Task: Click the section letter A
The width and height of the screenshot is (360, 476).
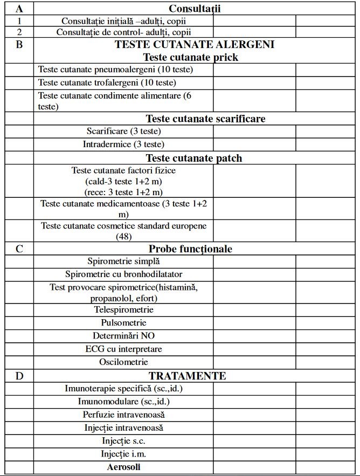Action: (19, 9)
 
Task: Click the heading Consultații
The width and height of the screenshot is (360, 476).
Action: (195, 9)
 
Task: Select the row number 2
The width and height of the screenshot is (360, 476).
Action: (19, 32)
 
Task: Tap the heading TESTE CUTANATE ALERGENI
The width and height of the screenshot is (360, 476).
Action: (195, 45)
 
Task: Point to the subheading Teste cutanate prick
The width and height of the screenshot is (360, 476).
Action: (190, 57)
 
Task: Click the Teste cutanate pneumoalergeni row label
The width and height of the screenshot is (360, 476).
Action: (116, 70)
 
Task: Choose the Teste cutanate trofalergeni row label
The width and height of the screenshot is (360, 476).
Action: (107, 82)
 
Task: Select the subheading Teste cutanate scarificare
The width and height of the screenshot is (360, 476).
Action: (205, 119)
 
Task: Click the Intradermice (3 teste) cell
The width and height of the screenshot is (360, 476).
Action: (123, 144)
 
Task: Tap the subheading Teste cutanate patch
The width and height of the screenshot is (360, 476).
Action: (194, 158)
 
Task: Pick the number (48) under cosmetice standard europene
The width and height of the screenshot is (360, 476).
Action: (124, 236)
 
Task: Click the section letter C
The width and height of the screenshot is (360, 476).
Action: (19, 249)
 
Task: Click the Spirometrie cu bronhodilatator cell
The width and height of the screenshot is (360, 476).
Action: (123, 274)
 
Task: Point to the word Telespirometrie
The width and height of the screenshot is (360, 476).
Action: (124, 309)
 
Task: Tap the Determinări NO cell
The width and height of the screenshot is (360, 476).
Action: (123, 335)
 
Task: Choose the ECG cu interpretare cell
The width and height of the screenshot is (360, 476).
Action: (123, 349)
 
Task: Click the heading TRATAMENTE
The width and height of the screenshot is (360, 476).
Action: (187, 376)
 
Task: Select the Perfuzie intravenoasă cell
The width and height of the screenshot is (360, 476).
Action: (123, 415)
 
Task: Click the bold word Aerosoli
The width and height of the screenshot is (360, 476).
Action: (124, 467)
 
